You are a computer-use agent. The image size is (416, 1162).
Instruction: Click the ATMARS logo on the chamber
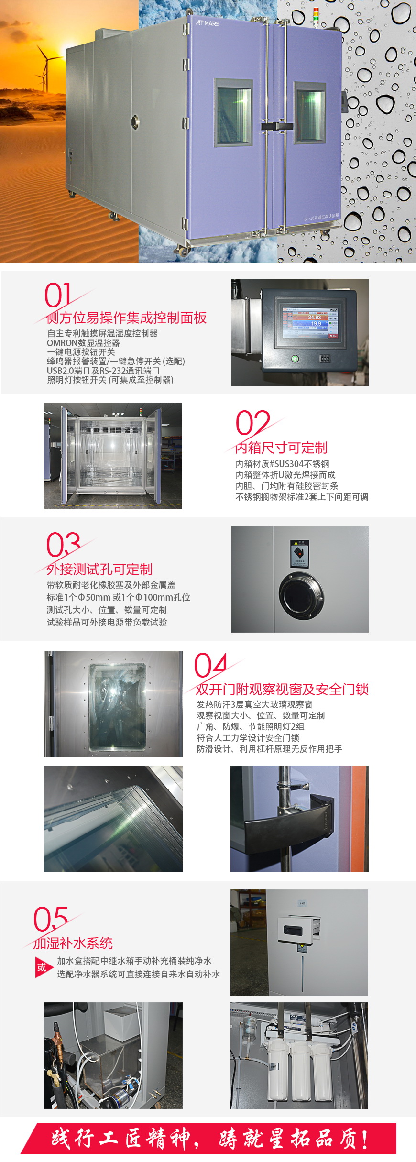pos(207,23)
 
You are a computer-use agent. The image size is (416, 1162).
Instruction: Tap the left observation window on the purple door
pos(233,113)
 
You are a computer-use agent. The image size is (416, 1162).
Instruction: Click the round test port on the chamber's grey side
pos(135,119)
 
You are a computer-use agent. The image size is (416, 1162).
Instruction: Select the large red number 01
pos(58,295)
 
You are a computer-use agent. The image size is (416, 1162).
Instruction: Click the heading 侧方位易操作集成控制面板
pos(127,318)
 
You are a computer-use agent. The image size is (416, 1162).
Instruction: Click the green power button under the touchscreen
pos(295,358)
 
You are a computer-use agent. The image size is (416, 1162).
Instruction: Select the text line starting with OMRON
pos(83,343)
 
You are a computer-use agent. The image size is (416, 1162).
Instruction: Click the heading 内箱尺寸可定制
pos(282,448)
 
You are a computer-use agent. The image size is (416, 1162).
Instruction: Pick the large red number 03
pos(63,544)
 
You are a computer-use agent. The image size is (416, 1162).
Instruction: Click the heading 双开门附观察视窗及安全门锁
pos(282,690)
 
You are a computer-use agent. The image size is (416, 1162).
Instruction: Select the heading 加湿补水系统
pos(73,943)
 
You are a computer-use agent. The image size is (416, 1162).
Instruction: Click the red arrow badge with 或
pos(43,967)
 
